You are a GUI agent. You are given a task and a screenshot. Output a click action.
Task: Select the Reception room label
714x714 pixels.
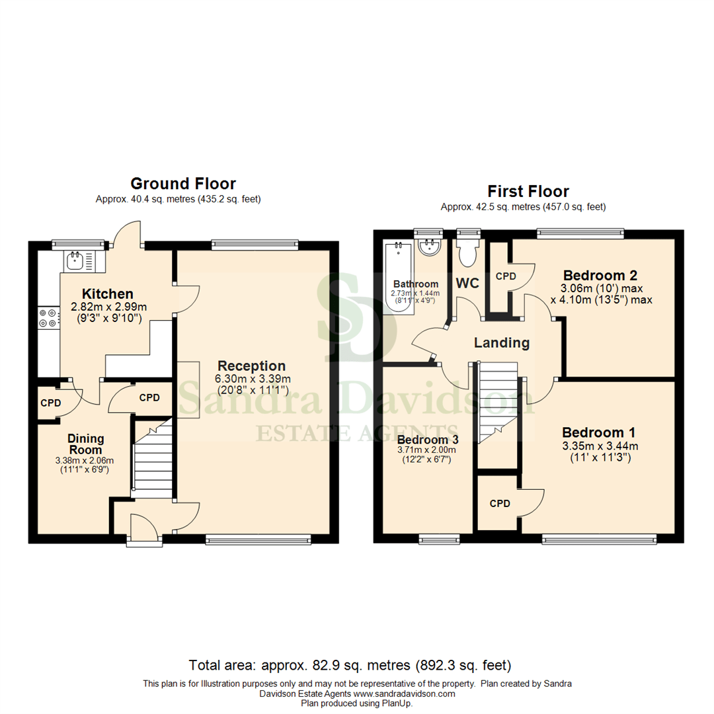(252, 366)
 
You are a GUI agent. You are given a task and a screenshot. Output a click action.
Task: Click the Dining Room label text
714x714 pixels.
(85, 444)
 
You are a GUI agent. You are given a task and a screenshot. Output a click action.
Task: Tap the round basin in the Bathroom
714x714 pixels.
(430, 249)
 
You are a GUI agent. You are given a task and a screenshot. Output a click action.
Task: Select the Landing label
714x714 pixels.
(502, 342)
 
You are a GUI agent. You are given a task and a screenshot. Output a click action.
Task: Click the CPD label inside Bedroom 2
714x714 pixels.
(506, 276)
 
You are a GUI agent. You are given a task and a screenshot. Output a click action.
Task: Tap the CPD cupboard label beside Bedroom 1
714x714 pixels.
(500, 503)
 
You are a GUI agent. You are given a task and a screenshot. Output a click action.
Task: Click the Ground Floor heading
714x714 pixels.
(183, 183)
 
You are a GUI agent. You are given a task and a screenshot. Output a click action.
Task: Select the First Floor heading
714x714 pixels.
(528, 192)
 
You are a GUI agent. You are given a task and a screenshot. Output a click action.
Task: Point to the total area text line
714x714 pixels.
(350, 665)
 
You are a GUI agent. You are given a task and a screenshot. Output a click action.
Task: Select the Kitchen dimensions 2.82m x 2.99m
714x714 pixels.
(108, 307)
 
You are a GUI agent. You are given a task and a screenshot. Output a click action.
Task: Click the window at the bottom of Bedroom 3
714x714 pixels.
(439, 540)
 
